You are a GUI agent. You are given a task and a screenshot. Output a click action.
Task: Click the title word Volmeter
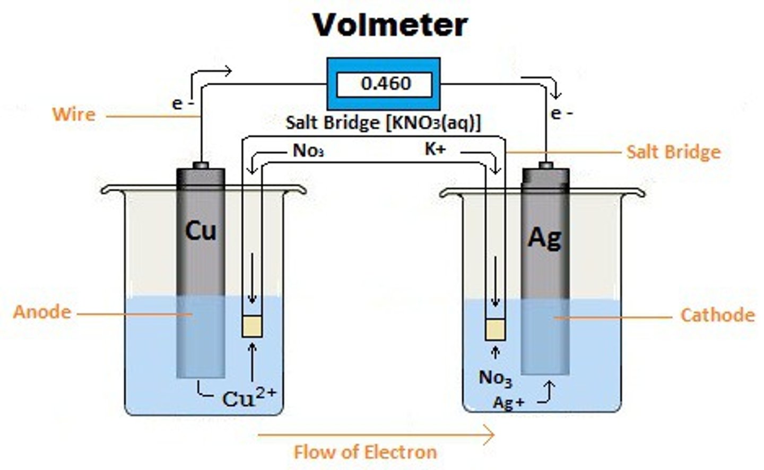tap(390, 24)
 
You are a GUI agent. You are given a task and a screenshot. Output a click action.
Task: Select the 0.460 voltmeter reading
tap(386, 83)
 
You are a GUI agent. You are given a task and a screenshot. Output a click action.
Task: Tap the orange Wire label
tap(74, 114)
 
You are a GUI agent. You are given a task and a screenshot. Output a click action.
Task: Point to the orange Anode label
tap(42, 311)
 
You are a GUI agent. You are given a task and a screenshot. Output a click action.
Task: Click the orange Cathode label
tap(717, 315)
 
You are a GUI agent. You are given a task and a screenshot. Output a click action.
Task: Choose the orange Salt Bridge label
tap(673, 152)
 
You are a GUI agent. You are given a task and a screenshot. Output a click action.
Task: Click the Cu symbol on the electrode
tap(201, 231)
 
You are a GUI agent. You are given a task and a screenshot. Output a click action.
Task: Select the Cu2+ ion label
tap(249, 397)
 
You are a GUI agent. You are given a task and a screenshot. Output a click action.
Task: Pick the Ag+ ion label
tap(508, 403)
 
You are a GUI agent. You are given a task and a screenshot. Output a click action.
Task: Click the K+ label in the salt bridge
tap(435, 149)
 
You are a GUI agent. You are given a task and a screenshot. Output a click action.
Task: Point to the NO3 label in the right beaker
tap(495, 378)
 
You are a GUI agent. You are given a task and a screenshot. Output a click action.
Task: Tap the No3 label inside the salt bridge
tap(308, 151)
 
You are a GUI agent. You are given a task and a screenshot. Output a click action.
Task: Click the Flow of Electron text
tap(365, 452)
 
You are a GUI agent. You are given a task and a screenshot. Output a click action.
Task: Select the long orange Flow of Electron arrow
tap(376, 435)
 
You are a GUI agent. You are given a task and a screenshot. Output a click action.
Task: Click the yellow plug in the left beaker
tap(252, 326)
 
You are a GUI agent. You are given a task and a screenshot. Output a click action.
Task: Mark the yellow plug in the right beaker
tap(495, 329)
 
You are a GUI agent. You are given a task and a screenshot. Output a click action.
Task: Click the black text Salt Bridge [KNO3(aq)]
tap(383, 123)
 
